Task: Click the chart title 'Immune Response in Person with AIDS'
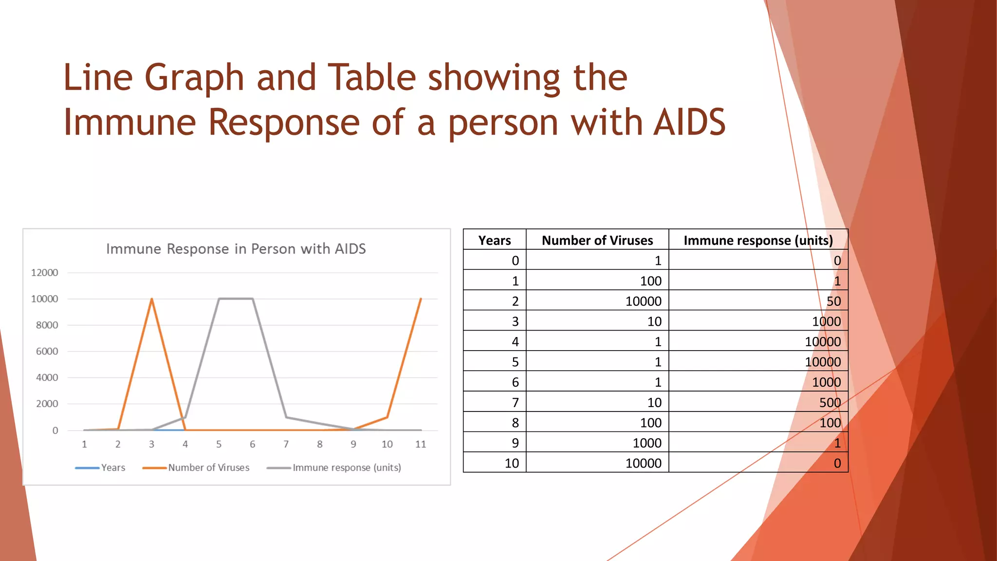click(236, 249)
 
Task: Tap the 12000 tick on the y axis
click(44, 273)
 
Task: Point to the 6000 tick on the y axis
click(47, 352)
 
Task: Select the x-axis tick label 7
click(286, 444)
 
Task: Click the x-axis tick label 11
click(421, 444)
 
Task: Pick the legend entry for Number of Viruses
click(208, 467)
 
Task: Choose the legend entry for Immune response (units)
click(346, 467)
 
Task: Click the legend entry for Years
click(112, 467)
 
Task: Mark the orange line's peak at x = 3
click(152, 299)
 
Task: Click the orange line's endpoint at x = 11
click(421, 299)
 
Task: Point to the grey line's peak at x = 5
click(219, 299)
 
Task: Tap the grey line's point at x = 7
click(286, 417)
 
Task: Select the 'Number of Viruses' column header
click(597, 240)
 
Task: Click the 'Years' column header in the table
click(495, 240)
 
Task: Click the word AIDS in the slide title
click(689, 122)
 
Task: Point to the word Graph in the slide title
click(194, 78)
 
